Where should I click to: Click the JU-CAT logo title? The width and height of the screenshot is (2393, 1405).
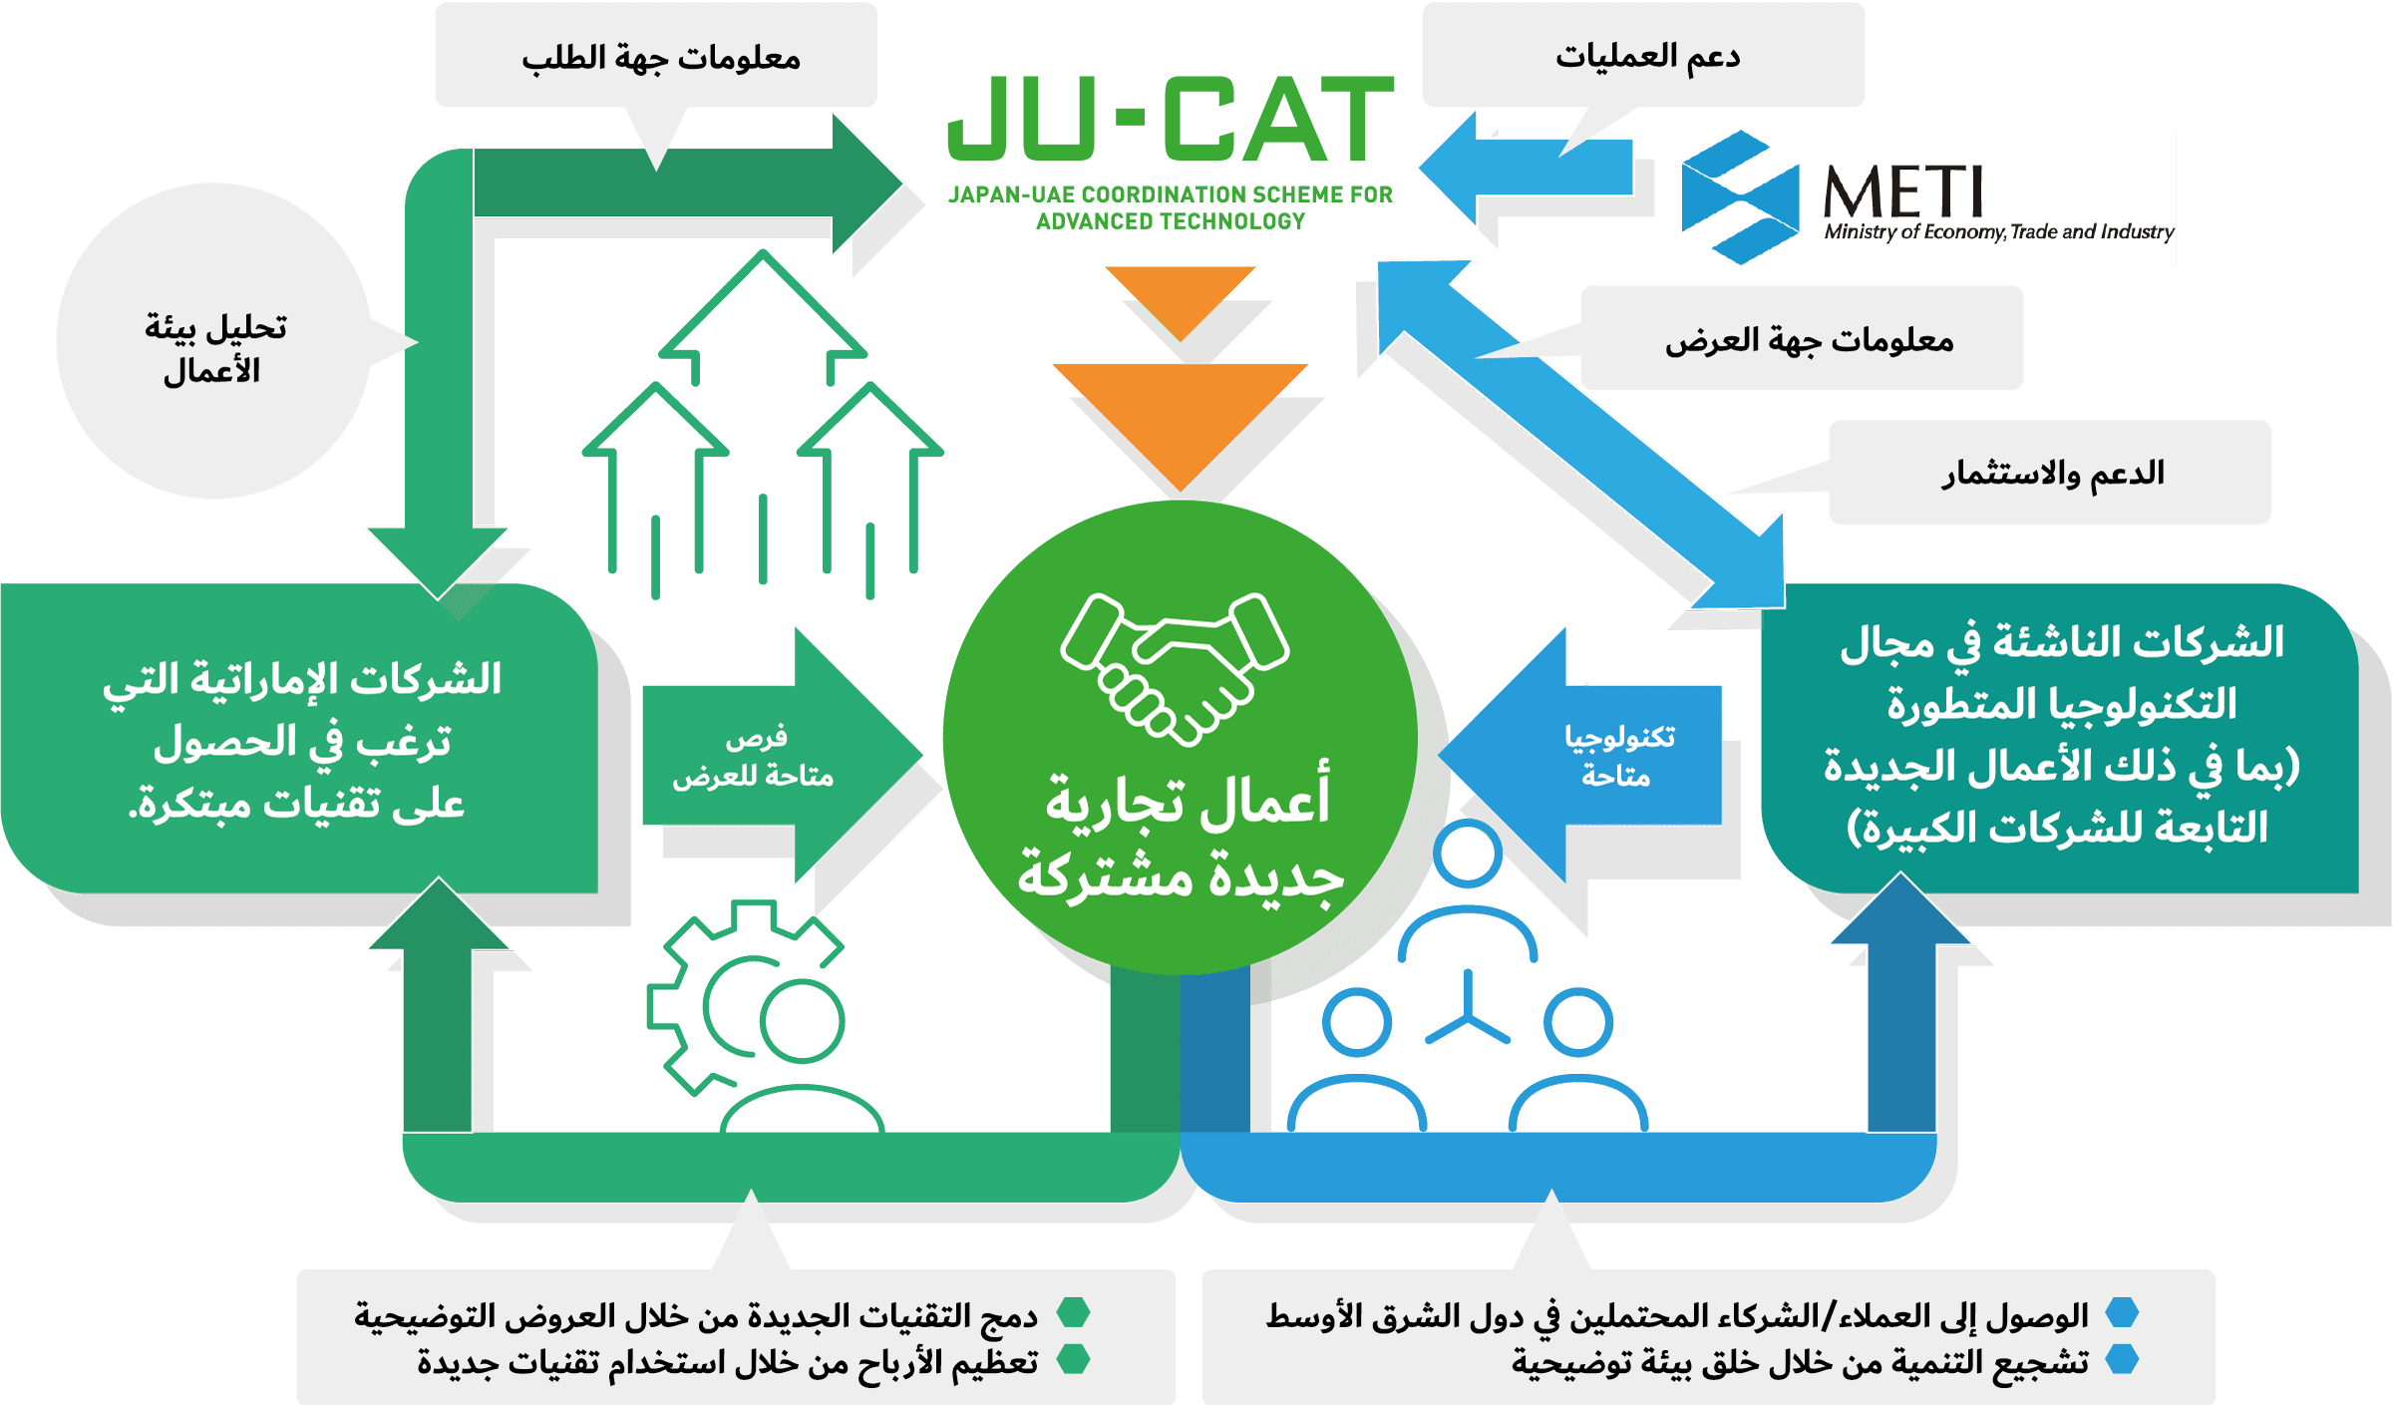click(x=1171, y=119)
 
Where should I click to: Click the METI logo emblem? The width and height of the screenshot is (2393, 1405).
click(x=1740, y=197)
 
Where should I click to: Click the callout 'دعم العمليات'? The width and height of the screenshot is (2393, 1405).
click(x=1645, y=56)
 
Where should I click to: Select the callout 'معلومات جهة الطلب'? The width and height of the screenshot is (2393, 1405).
click(x=658, y=58)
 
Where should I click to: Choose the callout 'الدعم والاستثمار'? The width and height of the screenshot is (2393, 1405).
click(x=2052, y=473)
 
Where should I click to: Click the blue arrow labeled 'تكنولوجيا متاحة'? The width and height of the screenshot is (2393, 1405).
click(x=1605, y=755)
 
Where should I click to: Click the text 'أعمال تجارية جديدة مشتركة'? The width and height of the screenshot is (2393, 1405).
click(x=1182, y=838)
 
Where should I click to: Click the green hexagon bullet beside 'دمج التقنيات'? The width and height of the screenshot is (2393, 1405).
click(x=1073, y=1313)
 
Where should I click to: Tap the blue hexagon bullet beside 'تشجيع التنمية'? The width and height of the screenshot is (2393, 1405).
click(x=2122, y=1359)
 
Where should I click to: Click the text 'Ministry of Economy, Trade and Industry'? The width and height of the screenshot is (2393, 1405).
click(x=1998, y=232)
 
